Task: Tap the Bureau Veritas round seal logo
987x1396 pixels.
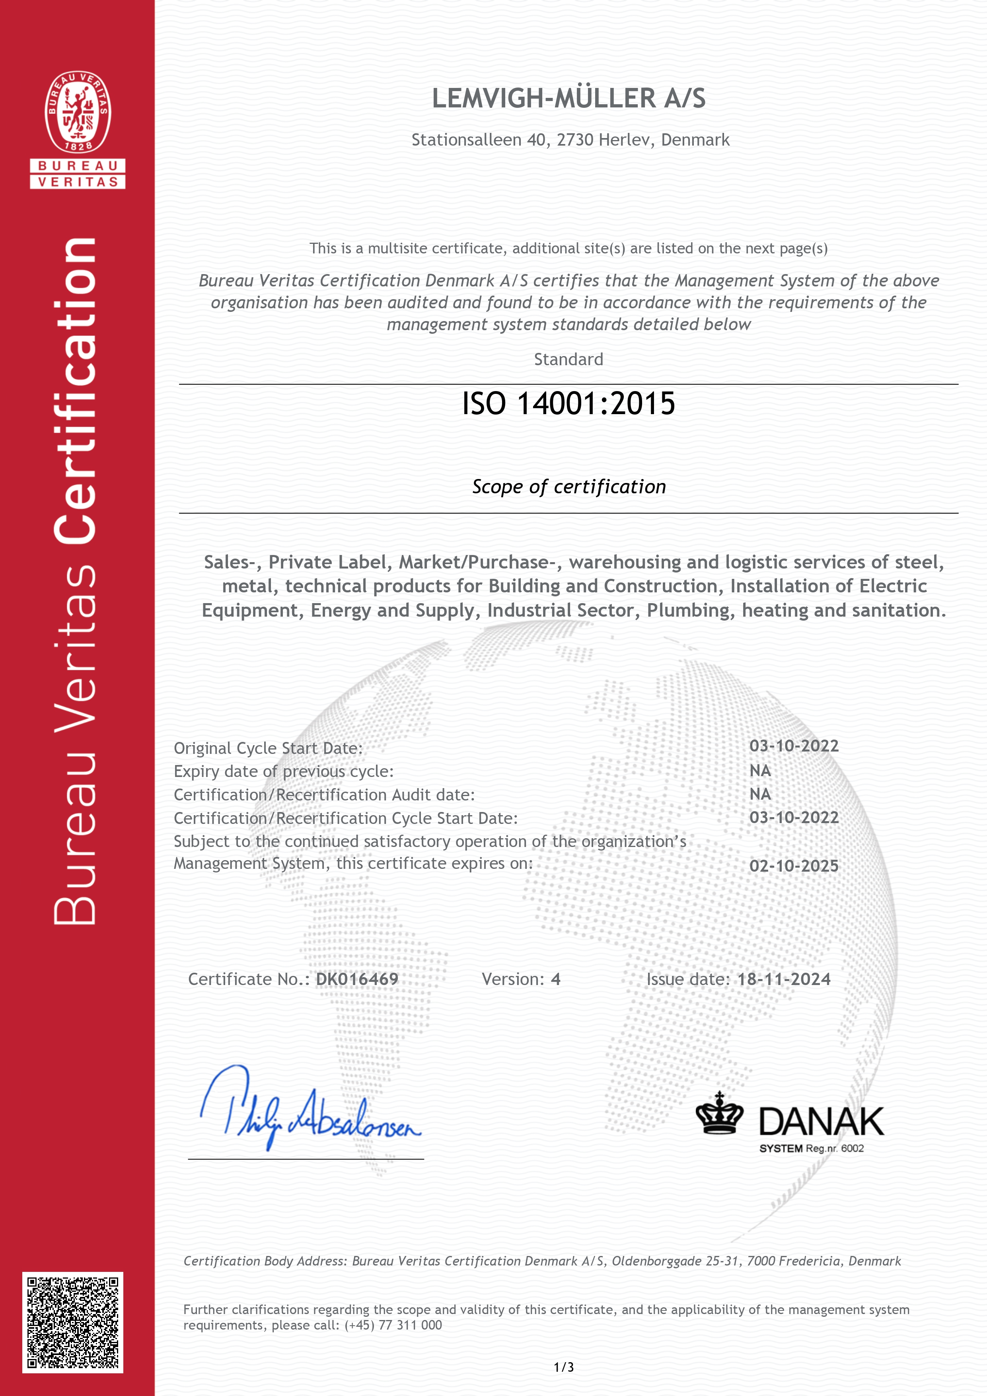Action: [x=78, y=112]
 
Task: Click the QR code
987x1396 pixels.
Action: [x=73, y=1322]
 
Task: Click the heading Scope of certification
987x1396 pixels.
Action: [x=568, y=487]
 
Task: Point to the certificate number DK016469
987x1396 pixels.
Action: [x=357, y=979]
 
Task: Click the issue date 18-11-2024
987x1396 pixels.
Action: [x=784, y=979]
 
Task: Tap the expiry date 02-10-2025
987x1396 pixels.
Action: [x=794, y=866]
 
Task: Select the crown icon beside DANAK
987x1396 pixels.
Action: [x=719, y=1114]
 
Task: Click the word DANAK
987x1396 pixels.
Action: [x=821, y=1122]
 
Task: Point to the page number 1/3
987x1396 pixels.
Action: [x=564, y=1367]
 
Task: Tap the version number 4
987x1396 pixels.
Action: [x=555, y=979]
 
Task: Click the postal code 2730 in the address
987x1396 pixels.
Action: [x=575, y=140]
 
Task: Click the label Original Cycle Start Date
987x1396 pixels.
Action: [x=268, y=748]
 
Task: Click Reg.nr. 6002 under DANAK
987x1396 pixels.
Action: [x=834, y=1149]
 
